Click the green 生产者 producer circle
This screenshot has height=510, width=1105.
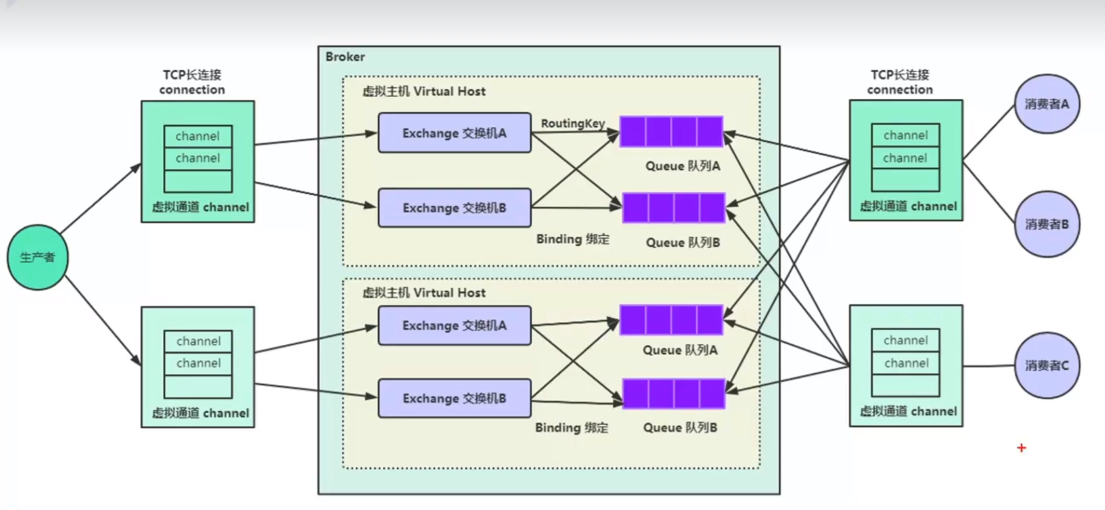(x=38, y=257)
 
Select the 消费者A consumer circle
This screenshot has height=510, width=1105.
(x=1047, y=104)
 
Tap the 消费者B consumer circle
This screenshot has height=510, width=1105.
(x=1047, y=224)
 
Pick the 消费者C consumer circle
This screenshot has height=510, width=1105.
(x=1047, y=365)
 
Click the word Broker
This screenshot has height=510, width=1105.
(x=345, y=56)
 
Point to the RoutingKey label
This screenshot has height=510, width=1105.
(x=572, y=123)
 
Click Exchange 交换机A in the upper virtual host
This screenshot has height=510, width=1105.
(x=454, y=133)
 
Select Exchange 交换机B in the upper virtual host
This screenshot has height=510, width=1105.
(x=454, y=208)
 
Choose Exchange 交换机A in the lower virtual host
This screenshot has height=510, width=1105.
(x=454, y=326)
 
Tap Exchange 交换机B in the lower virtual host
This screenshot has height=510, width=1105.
(x=454, y=398)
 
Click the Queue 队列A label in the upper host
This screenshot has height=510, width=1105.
(x=682, y=166)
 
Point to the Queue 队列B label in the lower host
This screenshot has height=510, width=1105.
(x=680, y=428)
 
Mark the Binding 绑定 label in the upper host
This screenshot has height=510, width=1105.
(x=572, y=239)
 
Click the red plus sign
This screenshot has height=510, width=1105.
(x=1021, y=448)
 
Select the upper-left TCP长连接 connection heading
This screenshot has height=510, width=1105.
(x=192, y=82)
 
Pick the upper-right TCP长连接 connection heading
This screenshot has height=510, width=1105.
(x=899, y=82)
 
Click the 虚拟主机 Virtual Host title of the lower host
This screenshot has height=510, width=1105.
(x=424, y=293)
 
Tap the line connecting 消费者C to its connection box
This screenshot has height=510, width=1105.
(x=989, y=366)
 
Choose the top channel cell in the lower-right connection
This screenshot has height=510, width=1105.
(x=905, y=340)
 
